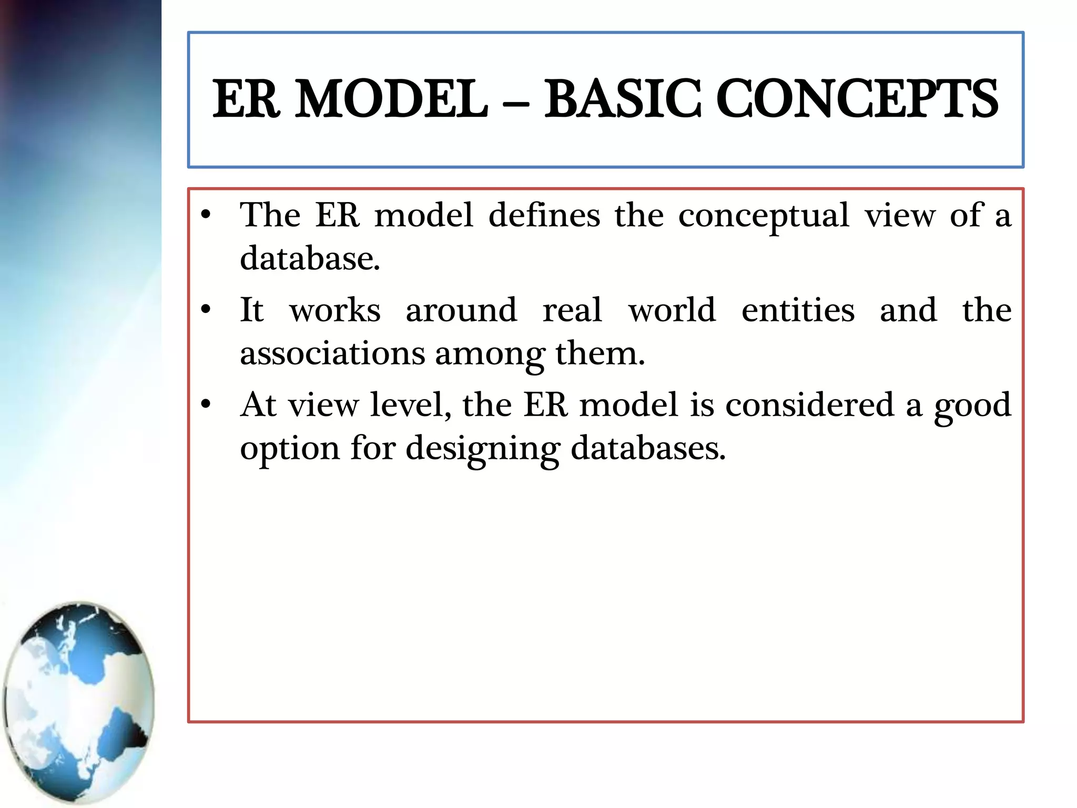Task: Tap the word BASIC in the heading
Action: pyautogui.click(x=623, y=99)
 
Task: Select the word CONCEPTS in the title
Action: pyautogui.click(x=857, y=99)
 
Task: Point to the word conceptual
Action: pyautogui.click(x=764, y=216)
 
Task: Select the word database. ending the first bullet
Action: pyautogui.click(x=309, y=259)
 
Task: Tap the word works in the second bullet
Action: pyautogui.click(x=334, y=310)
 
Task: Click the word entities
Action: pyautogui.click(x=798, y=310)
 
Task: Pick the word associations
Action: pyautogui.click(x=332, y=353)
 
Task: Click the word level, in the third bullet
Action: pyautogui.click(x=410, y=405)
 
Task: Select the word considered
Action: pyautogui.click(x=809, y=405)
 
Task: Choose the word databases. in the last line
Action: pyautogui.click(x=648, y=449)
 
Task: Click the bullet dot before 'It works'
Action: pyautogui.click(x=206, y=309)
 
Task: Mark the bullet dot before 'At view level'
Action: pyautogui.click(x=206, y=404)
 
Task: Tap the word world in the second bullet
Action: pyautogui.click(x=672, y=310)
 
